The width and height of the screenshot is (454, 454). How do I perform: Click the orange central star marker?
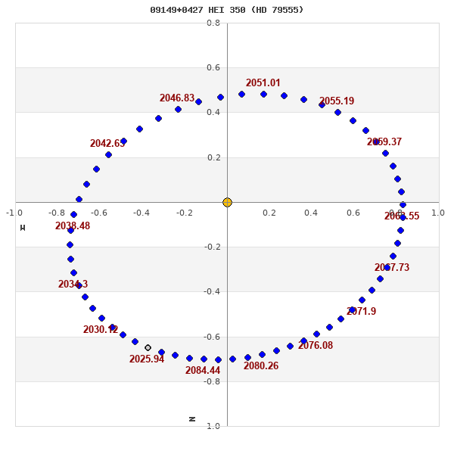click(x=227, y=202)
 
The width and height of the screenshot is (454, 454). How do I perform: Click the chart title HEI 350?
click(x=227, y=10)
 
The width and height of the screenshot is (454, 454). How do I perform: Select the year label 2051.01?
click(x=263, y=83)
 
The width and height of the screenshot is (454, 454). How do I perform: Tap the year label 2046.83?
click(x=176, y=98)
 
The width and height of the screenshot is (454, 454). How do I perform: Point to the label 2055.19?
click(x=336, y=101)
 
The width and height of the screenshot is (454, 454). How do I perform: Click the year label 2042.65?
click(x=107, y=144)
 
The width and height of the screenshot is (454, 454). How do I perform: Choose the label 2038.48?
click(x=73, y=226)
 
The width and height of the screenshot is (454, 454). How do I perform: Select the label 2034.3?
click(x=73, y=285)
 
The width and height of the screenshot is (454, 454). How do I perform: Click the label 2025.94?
click(x=146, y=359)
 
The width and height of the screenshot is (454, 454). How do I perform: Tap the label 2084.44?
click(x=203, y=371)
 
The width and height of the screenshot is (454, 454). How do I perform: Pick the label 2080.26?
click(x=261, y=366)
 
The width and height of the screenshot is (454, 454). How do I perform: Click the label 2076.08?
click(x=315, y=346)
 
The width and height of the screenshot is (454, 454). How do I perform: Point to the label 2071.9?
click(x=361, y=312)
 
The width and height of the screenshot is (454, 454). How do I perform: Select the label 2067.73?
click(x=391, y=268)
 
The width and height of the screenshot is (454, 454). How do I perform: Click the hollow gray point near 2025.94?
click(x=148, y=348)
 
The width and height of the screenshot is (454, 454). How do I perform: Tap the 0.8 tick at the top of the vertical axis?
click(x=213, y=23)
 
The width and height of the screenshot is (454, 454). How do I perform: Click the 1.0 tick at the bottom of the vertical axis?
click(x=213, y=426)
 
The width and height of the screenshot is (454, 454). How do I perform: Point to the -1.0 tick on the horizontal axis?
click(x=14, y=213)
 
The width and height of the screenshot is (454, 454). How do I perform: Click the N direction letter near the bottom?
click(x=192, y=418)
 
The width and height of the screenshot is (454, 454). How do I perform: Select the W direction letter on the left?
click(x=23, y=227)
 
